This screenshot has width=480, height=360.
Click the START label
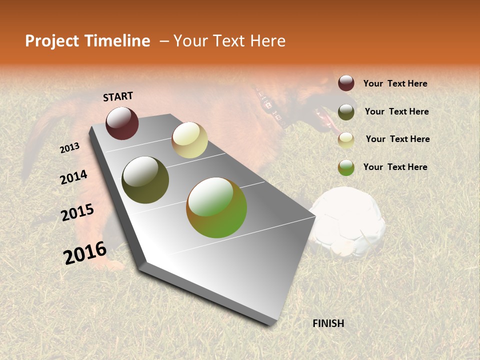coord(118,96)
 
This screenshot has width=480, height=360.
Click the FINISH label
coord(328,323)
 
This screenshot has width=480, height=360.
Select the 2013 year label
coord(69,148)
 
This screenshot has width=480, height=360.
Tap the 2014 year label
coord(73,177)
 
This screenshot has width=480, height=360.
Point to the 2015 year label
coord(77,212)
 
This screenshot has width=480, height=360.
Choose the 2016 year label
coord(85,252)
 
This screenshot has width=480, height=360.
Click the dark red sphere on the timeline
coord(122,123)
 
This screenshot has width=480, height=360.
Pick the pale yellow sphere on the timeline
coord(189,140)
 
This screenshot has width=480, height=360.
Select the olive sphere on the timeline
coord(145,180)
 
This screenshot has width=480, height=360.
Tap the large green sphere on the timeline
coord(216,207)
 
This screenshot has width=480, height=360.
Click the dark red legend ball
coord(346,83)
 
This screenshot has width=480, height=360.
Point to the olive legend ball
coord(346,112)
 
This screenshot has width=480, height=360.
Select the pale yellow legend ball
coord(346,140)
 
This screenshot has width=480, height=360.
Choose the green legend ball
coord(346,167)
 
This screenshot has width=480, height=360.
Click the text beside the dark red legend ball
coord(395,83)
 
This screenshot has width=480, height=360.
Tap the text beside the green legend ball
coord(395,167)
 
